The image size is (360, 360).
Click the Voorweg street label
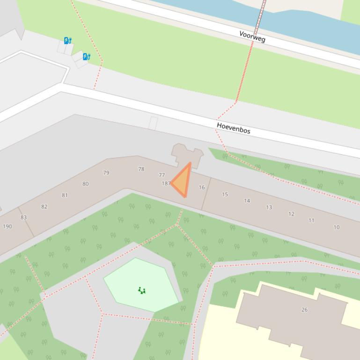coord(252,36)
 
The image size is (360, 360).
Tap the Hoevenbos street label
coord(234,128)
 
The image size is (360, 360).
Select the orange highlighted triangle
coord(183,181)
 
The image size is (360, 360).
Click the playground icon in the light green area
coord(142,291)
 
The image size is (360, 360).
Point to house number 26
coord(304,310)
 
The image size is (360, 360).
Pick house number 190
coord(7,226)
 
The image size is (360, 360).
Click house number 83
coord(23,217)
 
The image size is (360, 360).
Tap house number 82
coord(44,207)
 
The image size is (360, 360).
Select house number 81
coord(65,195)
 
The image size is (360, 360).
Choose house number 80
coord(85,184)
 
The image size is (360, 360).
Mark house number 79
coord(106,173)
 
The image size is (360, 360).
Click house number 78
coord(141,169)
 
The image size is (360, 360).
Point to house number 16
coord(202,187)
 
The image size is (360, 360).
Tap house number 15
coord(225,194)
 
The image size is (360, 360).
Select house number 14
coord(247,201)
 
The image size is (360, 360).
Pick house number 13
coord(269,207)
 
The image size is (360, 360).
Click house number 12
coord(291,214)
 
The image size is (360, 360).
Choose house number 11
coord(311,221)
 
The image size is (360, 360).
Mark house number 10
coord(336,228)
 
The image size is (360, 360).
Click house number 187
coord(165,183)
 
